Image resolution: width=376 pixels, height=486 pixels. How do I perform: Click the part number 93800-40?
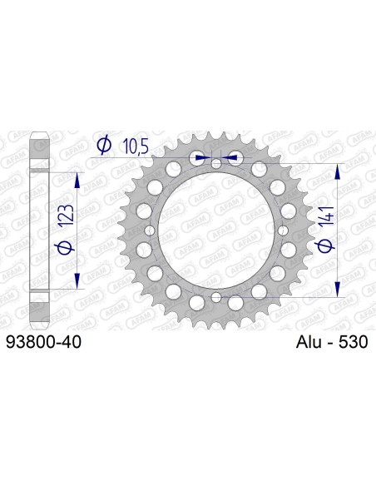tap(43, 342)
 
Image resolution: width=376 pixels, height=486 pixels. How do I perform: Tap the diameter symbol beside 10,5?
tap(104, 146)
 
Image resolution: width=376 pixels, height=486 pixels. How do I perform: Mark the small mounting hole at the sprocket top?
tap(215, 164)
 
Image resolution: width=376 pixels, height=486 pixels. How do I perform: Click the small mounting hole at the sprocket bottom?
tap(215, 297)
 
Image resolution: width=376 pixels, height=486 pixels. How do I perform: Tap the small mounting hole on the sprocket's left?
tap(149, 231)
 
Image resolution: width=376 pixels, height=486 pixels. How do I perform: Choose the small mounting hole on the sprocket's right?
tap(282, 231)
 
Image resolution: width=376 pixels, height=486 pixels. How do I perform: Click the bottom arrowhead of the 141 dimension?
tap(338, 290)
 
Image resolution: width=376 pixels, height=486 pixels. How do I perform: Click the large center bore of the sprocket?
tap(215, 231)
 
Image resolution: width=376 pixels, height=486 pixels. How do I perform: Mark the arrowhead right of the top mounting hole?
tap(233, 156)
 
